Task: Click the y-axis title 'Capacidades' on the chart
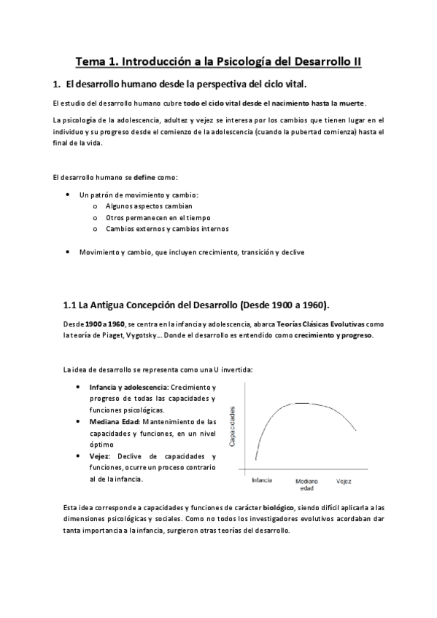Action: (233, 426)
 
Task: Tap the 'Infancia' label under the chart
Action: (263, 481)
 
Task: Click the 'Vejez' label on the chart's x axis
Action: (344, 481)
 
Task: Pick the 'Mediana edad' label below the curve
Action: (306, 485)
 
